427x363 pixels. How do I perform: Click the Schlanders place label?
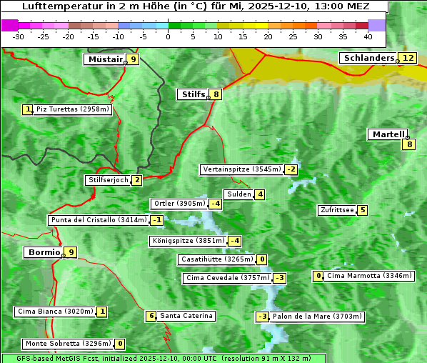coord(368,58)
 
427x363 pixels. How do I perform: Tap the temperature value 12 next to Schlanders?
coord(408,58)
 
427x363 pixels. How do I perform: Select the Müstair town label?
coord(104,59)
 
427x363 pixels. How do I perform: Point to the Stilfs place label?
coord(192,94)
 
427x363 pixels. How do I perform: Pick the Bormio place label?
coord(43,252)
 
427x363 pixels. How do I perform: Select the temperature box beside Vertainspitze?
coord(291,169)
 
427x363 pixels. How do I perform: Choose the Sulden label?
coord(238,194)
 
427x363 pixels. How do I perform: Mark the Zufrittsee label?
coord(336,210)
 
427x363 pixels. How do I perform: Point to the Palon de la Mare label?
coord(318,317)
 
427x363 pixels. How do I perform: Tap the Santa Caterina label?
coord(186,316)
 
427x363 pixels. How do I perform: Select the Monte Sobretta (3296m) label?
coord(67,344)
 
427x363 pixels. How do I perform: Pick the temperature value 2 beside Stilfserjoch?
coord(136,180)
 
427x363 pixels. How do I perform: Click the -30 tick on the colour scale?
coord(19,36)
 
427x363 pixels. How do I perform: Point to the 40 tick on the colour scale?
coord(368,36)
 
